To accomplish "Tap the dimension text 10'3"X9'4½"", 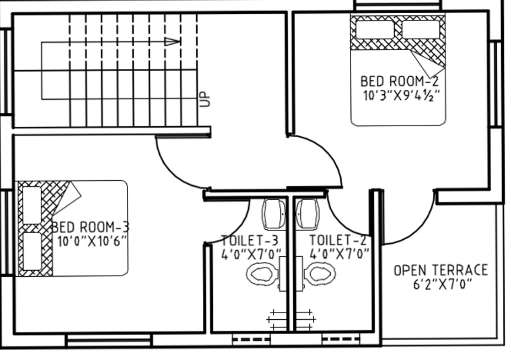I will click(x=401, y=95).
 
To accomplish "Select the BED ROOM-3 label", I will click(x=91, y=227).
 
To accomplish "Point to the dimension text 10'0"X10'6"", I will click(x=92, y=241).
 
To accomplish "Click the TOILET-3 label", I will click(x=249, y=240).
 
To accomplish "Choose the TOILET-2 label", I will click(x=338, y=240).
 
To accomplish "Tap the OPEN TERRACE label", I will click(x=440, y=270).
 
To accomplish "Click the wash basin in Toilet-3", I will click(x=273, y=213).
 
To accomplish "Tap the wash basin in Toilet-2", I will click(x=307, y=213).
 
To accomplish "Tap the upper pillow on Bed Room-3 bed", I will click(x=33, y=205).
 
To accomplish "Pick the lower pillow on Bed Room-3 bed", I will click(x=33, y=251).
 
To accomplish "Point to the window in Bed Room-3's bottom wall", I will click(x=109, y=340).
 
